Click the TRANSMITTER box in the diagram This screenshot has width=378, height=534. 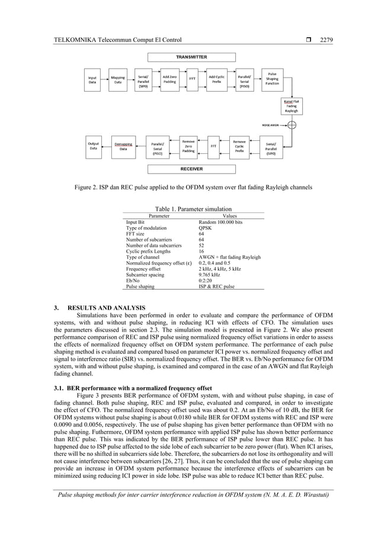(x=191, y=57)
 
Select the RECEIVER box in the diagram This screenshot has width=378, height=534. (x=191, y=169)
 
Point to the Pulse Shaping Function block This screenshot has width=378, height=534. (x=272, y=79)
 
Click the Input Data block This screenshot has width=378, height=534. (x=93, y=80)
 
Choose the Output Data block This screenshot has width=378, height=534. (x=93, y=146)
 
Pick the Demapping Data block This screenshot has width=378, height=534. (x=123, y=146)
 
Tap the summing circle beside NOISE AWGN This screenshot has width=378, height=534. (x=291, y=125)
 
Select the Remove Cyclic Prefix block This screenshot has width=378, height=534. (x=239, y=146)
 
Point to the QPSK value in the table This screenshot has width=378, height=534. (x=206, y=228)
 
